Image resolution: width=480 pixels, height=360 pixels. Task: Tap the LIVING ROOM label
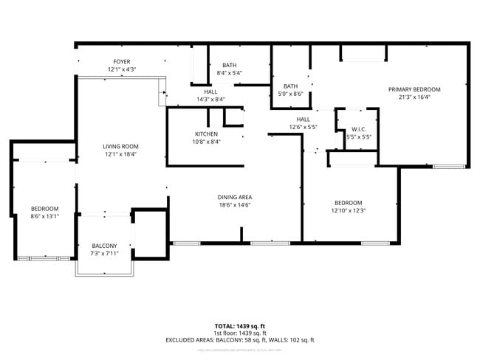[120, 147]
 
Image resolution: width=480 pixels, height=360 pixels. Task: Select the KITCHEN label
[206, 134]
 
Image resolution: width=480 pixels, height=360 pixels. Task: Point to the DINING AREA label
[235, 197]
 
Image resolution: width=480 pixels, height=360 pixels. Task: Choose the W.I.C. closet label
[357, 129]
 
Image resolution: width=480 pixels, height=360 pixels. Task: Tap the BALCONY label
[103, 246]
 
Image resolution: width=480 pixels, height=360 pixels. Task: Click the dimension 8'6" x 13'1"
[44, 217]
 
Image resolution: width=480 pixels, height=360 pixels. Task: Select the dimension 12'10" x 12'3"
[348, 211]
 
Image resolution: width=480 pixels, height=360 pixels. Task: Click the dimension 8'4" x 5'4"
[229, 73]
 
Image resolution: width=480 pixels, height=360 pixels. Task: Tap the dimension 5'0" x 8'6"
[290, 93]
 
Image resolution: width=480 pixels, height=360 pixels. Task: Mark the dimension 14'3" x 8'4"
[210, 99]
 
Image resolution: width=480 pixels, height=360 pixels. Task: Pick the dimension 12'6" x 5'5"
[303, 127]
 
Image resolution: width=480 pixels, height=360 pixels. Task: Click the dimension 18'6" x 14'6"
[235, 205]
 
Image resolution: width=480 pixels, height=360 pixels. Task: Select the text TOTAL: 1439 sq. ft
[240, 325]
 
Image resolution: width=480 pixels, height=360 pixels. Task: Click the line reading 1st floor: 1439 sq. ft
[240, 333]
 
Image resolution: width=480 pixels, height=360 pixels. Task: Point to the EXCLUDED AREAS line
[240, 340]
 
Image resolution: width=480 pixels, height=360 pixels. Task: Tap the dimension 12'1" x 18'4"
[120, 155]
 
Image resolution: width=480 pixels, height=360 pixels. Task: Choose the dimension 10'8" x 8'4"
[206, 142]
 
